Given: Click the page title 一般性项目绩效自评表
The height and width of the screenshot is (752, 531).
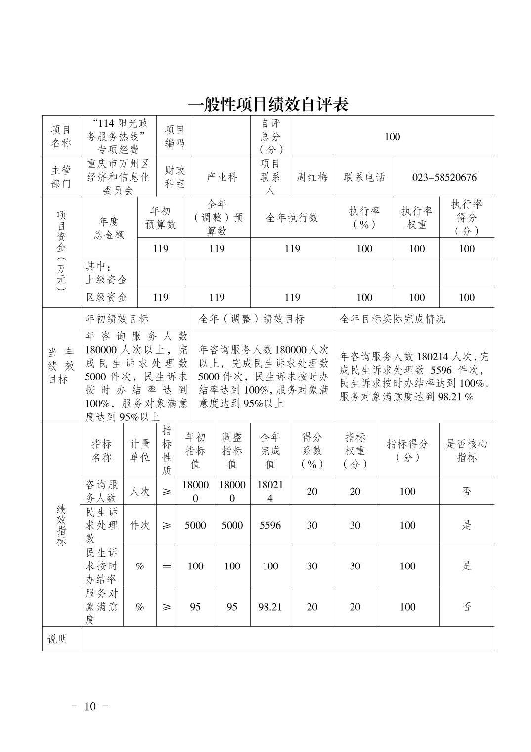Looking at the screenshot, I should click(x=268, y=104).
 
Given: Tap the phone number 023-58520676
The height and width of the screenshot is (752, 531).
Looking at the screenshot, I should click(x=444, y=177).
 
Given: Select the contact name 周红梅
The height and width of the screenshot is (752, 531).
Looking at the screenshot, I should click(x=311, y=177).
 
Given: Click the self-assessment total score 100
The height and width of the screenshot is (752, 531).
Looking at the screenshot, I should click(x=392, y=137).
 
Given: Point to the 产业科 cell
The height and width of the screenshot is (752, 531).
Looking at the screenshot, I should click(x=221, y=177).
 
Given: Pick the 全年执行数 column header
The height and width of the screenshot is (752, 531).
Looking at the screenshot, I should click(x=292, y=218).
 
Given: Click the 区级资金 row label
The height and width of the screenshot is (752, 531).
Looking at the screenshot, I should click(x=106, y=297).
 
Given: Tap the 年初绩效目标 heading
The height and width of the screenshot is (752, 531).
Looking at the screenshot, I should click(x=117, y=319).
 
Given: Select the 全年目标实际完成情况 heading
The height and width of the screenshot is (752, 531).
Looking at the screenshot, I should click(x=393, y=319).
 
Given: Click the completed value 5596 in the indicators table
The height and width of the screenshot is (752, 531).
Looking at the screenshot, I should click(x=270, y=525).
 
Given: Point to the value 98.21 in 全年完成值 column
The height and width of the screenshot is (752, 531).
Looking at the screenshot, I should click(x=270, y=607).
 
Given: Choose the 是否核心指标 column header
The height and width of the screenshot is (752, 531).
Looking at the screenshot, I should click(x=466, y=450).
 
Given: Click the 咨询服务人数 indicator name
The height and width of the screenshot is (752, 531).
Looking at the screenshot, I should click(x=101, y=491).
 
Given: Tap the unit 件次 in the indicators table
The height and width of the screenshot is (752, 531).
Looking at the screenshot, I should click(x=139, y=525).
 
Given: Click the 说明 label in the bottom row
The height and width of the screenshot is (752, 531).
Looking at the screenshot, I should click(x=57, y=639).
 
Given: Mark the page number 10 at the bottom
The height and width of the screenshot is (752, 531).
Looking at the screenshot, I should click(x=90, y=706).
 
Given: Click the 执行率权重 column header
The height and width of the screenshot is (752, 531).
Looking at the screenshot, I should click(x=416, y=218).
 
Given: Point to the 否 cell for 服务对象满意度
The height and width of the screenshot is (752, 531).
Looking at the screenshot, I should click(x=466, y=607).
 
